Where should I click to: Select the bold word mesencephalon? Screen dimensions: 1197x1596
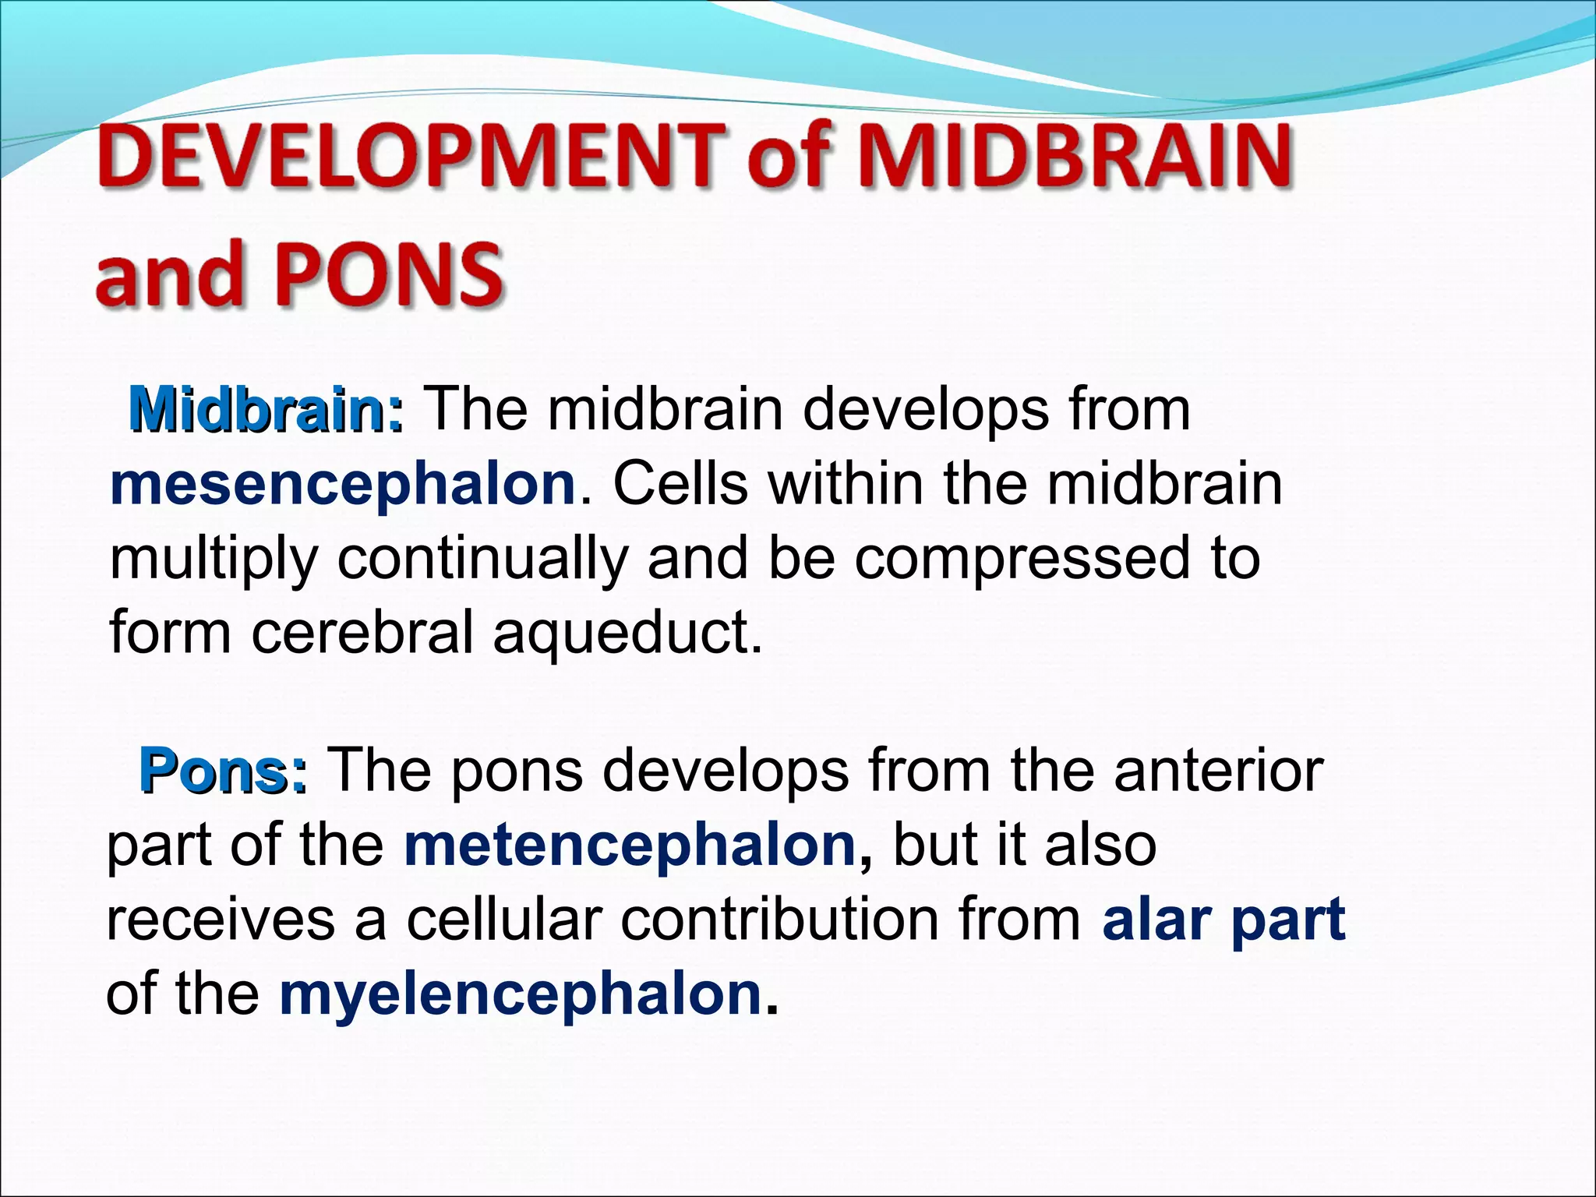[x=343, y=485]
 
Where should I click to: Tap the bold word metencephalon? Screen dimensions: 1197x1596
[x=630, y=846]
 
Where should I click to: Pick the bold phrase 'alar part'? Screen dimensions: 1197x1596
[x=1223, y=920]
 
